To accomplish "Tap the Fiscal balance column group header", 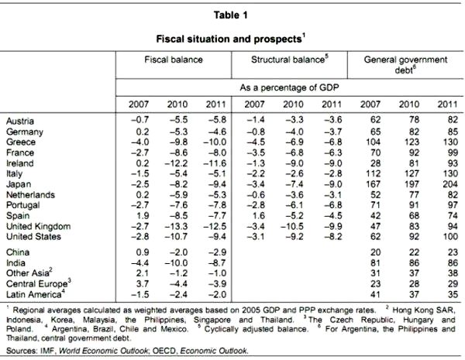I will click(x=176, y=59).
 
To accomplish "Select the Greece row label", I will click(x=21, y=142).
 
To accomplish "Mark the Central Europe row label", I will click(x=35, y=284).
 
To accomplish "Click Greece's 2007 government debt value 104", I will click(x=367, y=142).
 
